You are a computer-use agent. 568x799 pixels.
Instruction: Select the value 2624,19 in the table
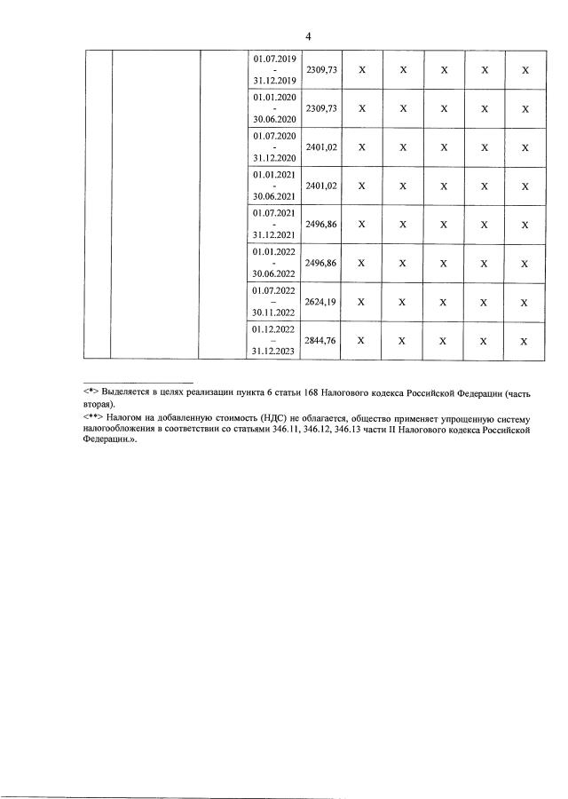point(323,302)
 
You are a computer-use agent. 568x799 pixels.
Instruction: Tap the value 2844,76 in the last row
point(323,340)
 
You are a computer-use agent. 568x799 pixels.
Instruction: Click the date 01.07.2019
point(274,59)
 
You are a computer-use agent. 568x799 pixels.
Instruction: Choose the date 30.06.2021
point(274,197)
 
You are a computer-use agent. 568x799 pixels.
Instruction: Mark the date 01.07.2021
point(274,212)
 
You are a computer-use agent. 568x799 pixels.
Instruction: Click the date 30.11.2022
point(274,312)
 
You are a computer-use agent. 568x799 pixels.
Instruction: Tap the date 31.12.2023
point(274,352)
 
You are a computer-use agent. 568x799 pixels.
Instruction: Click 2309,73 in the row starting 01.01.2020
point(323,108)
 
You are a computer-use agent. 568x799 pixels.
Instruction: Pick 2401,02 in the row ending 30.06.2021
point(323,186)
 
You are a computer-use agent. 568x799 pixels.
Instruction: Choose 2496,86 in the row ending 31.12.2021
point(323,225)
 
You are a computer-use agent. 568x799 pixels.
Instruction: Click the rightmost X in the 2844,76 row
point(525,341)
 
